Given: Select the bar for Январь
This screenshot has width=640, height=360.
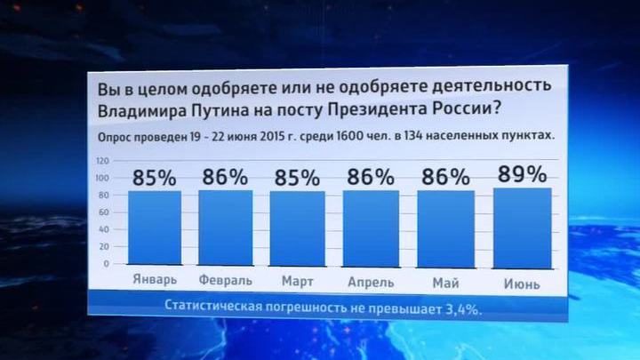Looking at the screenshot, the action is (x=155, y=228).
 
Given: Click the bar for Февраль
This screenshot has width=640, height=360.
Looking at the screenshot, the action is (x=226, y=228).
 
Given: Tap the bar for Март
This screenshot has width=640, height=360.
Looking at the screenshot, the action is (x=298, y=228).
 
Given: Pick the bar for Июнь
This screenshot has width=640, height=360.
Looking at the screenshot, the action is (x=523, y=228).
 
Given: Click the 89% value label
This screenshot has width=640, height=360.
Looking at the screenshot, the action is (x=523, y=174).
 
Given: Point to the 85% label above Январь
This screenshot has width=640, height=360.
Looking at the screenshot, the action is (x=155, y=178).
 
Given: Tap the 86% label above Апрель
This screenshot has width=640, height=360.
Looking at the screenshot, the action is (x=371, y=177).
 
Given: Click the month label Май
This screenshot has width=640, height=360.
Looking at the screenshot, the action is (x=445, y=283).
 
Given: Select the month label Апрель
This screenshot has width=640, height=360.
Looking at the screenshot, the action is (x=371, y=282).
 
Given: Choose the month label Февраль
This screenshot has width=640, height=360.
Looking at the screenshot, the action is (x=226, y=280).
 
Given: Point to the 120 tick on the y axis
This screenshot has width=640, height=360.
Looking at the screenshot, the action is (x=103, y=161).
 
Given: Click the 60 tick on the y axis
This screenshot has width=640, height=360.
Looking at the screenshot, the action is (x=104, y=212).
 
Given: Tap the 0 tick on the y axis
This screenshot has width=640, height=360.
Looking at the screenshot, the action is (x=107, y=264).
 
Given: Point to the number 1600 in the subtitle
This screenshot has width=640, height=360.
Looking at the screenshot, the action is (x=349, y=136).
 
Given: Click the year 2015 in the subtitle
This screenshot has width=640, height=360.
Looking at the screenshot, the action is (x=272, y=136).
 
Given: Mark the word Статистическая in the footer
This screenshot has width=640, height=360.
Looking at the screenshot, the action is (x=213, y=306).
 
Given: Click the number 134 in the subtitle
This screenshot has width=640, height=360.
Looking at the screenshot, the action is (x=413, y=136).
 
